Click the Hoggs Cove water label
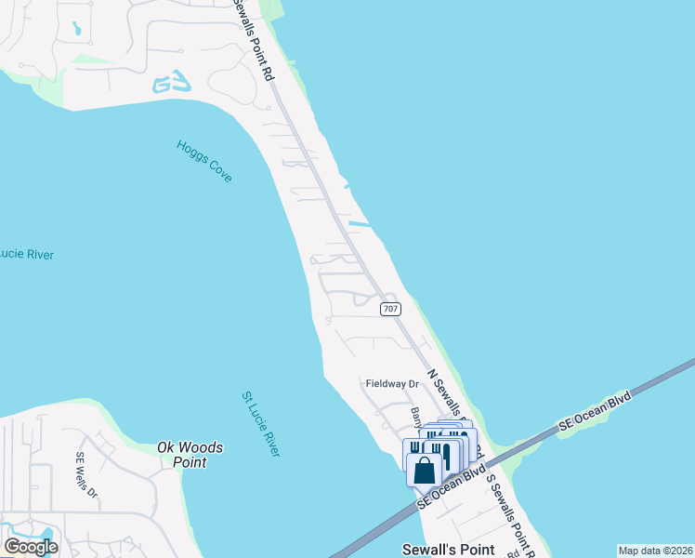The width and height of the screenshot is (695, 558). [203, 161]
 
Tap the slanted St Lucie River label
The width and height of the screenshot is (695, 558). [260, 423]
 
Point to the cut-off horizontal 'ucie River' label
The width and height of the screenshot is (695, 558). [26, 254]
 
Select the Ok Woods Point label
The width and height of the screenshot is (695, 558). [190, 455]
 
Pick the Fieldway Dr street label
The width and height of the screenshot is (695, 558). [392, 383]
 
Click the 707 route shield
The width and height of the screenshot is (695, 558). [391, 309]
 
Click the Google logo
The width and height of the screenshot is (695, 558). [31, 546]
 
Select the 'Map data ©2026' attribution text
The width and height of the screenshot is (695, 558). [655, 551]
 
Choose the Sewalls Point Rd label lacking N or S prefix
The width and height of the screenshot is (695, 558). [256, 37]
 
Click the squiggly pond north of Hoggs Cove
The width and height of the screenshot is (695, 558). [172, 84]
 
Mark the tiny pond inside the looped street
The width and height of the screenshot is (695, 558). [76, 29]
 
